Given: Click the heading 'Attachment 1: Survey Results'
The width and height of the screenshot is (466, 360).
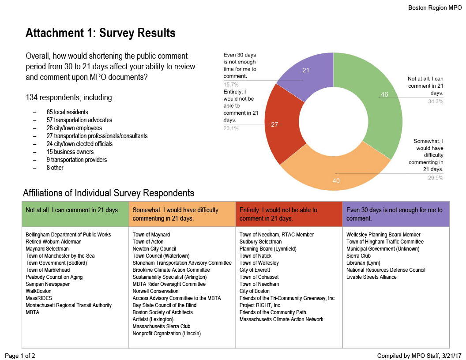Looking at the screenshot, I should coord(101,33).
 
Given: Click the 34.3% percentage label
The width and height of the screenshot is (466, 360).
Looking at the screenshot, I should coord(436,101).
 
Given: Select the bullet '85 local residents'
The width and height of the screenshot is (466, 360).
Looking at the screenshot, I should coord(67,112).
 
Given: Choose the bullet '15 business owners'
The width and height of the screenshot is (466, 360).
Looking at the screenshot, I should coord(70,152).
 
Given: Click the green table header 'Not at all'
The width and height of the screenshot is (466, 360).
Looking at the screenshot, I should coord(73,210).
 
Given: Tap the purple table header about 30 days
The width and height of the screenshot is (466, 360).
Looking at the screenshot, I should coord(395,214).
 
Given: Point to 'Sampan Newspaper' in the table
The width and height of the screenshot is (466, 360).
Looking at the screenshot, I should coord(48,284).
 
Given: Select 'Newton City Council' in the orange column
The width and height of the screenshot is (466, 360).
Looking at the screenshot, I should coord(154,249).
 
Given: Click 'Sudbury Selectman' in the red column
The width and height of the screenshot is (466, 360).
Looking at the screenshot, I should coord(260,242).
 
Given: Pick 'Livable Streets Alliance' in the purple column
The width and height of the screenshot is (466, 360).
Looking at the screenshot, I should coord(372,277).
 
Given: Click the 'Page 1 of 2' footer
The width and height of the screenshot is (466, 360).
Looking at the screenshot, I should coord(20,355).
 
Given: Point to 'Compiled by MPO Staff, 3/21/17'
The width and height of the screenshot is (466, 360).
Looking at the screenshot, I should coord(419,355).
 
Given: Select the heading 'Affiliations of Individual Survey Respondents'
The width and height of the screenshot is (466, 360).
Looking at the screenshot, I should coord(108,193).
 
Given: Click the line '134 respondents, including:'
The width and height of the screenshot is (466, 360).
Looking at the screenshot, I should coord(70,97).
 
